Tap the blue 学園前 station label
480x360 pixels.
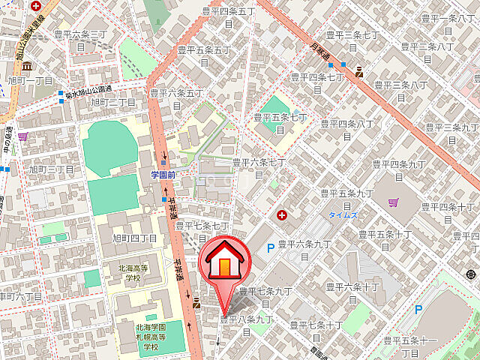pyautogui.click(x=163, y=174)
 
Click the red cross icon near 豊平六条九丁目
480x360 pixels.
pyautogui.click(x=282, y=215)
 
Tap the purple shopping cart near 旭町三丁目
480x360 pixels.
pyautogui.click(x=22, y=136)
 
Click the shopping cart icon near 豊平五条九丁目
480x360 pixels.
pyautogui.click(x=394, y=201)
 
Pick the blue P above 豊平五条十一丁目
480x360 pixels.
pyautogui.click(x=418, y=308)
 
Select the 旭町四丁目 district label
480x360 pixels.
pyautogui.click(x=135, y=238)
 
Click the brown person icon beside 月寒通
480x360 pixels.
pyautogui.click(x=359, y=72)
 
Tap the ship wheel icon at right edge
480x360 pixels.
pyautogui.click(x=473, y=274)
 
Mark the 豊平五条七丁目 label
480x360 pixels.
pyautogui.click(x=280, y=123)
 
